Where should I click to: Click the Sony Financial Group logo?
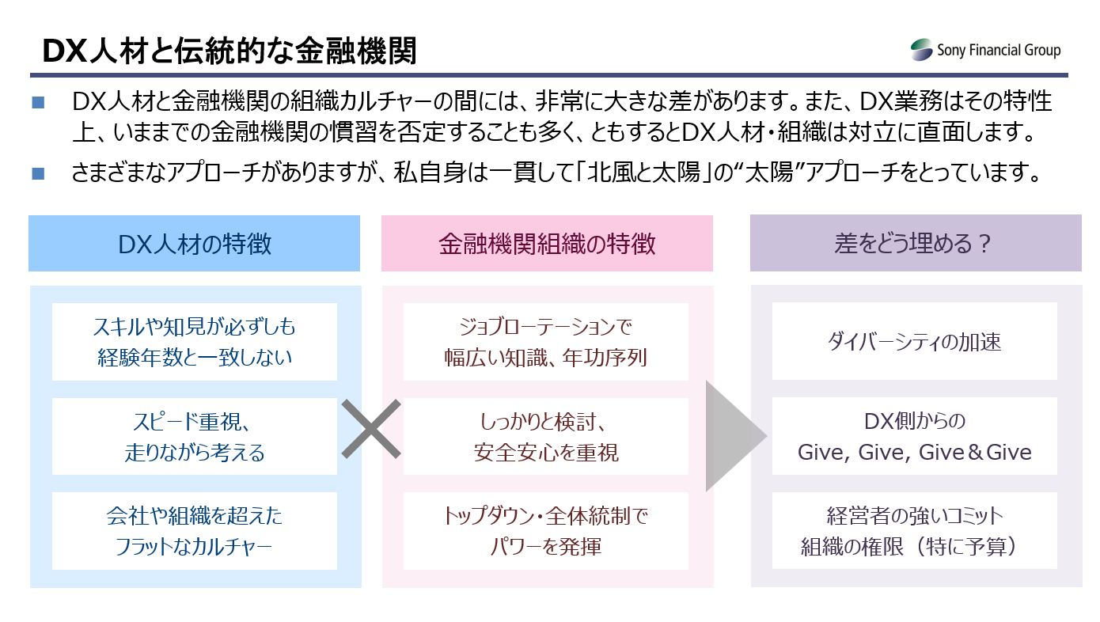pos(985,51)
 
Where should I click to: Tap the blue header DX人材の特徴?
pos(195,244)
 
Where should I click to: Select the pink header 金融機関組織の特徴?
pos(547,244)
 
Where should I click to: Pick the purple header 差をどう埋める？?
pos(915,244)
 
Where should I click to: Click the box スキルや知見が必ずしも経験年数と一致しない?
pos(195,342)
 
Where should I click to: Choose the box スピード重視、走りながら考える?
pos(195,436)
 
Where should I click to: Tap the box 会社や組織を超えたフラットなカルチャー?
pos(195,531)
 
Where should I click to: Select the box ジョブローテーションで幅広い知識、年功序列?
pos(546,342)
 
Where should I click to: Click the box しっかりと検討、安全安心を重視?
pos(546,436)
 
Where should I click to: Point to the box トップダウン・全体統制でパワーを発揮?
pos(546,531)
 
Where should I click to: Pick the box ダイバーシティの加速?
pos(915,342)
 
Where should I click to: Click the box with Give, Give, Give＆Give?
pos(915,436)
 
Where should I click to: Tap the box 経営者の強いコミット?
pos(915,531)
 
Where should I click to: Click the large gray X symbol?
pos(372,429)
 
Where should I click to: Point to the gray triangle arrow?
pos(732,436)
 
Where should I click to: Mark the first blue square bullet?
pos(39,103)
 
